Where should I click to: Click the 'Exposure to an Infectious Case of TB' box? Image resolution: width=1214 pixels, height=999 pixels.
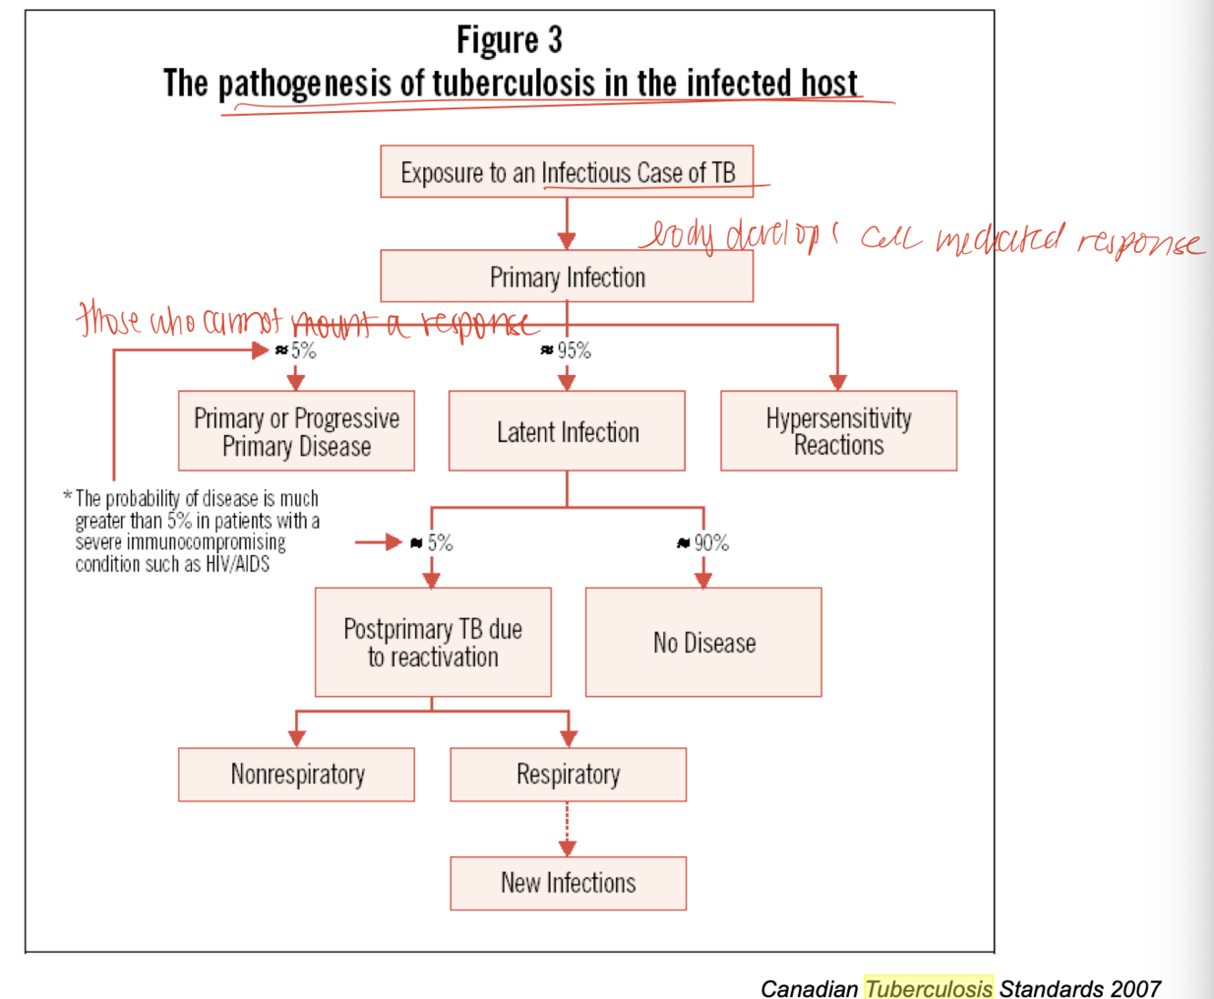[x=566, y=172]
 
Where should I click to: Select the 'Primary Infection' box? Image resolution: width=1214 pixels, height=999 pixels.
[x=566, y=277]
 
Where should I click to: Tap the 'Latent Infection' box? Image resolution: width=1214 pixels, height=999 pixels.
[x=566, y=431]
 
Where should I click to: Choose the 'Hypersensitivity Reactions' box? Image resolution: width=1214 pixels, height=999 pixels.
[x=838, y=431]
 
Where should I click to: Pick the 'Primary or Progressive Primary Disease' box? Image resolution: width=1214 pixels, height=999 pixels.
[x=296, y=431]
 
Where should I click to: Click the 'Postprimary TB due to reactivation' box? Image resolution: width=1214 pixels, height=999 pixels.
[x=432, y=642]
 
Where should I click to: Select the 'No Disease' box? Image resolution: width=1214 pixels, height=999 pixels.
[x=703, y=642]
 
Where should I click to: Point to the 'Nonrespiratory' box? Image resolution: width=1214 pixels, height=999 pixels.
[x=296, y=774]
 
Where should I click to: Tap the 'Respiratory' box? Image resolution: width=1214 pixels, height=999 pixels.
[x=568, y=774]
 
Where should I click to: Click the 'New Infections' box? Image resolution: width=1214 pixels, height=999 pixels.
[x=568, y=883]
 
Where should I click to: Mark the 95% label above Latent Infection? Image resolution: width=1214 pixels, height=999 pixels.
[x=573, y=350]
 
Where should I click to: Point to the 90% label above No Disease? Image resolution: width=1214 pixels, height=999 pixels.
[x=711, y=543]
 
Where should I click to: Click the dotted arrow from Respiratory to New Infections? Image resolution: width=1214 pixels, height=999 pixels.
[x=567, y=829]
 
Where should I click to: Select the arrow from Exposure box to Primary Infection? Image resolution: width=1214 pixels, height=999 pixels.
[x=566, y=224]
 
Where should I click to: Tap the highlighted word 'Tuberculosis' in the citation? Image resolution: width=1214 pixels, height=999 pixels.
[x=927, y=988]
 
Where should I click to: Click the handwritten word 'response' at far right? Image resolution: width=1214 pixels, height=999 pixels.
[x=1141, y=243]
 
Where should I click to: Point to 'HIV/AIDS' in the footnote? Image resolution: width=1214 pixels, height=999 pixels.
[x=239, y=564]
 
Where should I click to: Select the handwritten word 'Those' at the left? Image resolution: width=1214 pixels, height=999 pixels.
[x=108, y=319]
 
